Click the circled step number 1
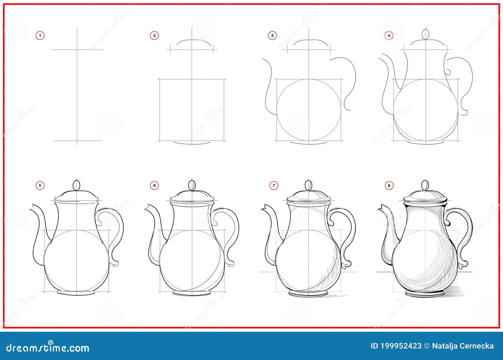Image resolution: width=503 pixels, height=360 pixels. click(40, 35)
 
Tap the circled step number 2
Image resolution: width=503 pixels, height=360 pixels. click(154, 35)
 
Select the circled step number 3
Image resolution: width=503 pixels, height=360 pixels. click(272, 35)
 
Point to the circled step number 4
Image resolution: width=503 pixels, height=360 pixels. click(389, 35)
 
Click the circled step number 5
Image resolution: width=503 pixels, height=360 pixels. click(40, 186)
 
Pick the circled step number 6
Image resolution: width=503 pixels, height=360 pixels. click(154, 186)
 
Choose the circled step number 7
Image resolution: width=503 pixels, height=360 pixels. click(274, 186)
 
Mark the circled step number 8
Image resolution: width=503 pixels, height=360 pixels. click(389, 186)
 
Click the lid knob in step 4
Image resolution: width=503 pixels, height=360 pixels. click(426, 34)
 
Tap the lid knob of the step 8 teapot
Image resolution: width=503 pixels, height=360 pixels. click(425, 185)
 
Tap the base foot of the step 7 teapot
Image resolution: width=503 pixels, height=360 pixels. click(308, 294)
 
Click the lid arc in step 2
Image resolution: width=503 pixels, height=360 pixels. click(194, 41)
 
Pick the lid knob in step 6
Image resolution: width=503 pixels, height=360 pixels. click(192, 185)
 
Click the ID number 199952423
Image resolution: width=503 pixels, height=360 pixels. click(396, 346)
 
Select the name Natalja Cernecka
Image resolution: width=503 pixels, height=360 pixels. click(463, 346)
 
